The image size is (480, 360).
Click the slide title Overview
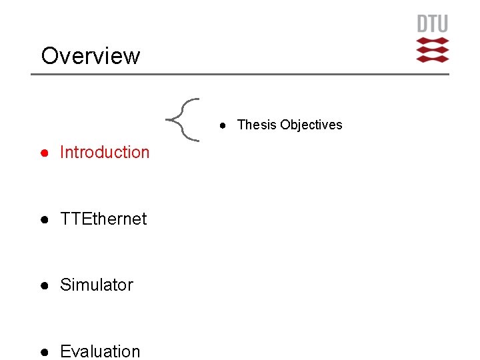pos(91,56)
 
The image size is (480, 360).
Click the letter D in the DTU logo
pos(423,24)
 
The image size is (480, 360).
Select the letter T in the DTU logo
pos(433,24)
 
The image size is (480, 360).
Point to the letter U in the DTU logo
pos(443,24)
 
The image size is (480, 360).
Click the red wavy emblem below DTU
pos(433,50)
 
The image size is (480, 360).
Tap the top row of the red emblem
pos(433,41)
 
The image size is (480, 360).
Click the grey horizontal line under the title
pos(240,74)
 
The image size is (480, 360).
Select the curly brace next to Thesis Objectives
pos(183,120)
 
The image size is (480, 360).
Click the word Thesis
pos(257,125)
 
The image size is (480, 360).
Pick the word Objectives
pos(311,125)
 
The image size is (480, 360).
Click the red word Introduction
pos(105,152)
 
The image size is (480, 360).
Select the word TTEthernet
pos(103,219)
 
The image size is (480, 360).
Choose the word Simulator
pos(97,285)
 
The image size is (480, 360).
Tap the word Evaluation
pos(100,351)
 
